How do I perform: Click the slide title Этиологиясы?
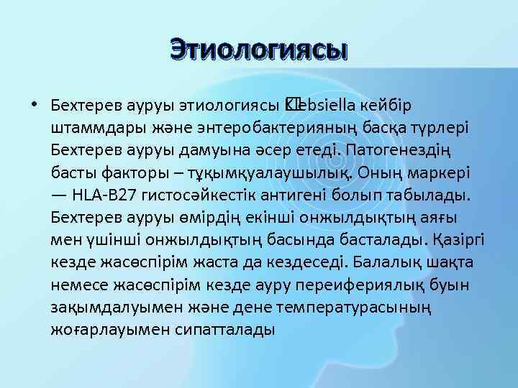tap(259, 51)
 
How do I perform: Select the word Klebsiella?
tap(317, 105)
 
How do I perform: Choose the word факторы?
tap(127, 172)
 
